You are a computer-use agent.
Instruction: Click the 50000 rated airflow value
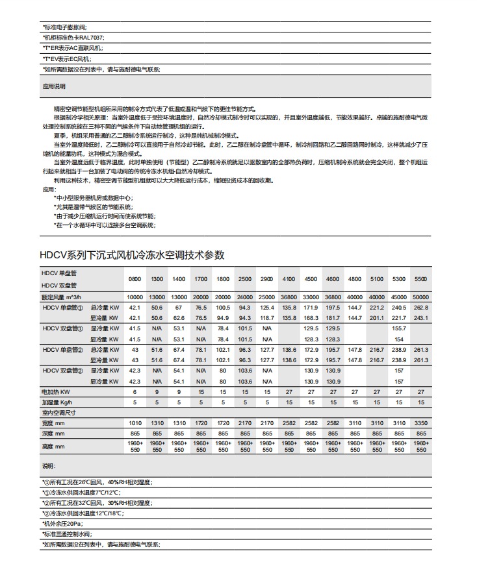point(421,297)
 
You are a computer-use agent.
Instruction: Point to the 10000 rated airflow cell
point(135,297)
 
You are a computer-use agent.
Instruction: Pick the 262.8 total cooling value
point(421,307)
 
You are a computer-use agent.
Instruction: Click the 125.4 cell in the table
point(266,307)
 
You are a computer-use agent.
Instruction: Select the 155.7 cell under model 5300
point(399,328)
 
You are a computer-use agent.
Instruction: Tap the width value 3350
point(421,423)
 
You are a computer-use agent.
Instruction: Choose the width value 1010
point(135,423)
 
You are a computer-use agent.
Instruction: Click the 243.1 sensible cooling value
point(421,317)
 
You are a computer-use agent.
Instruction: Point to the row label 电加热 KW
point(55,392)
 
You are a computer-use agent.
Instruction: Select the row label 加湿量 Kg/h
point(57,402)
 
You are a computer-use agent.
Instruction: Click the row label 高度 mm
point(53,447)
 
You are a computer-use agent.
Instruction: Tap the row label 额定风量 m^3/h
point(62,297)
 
